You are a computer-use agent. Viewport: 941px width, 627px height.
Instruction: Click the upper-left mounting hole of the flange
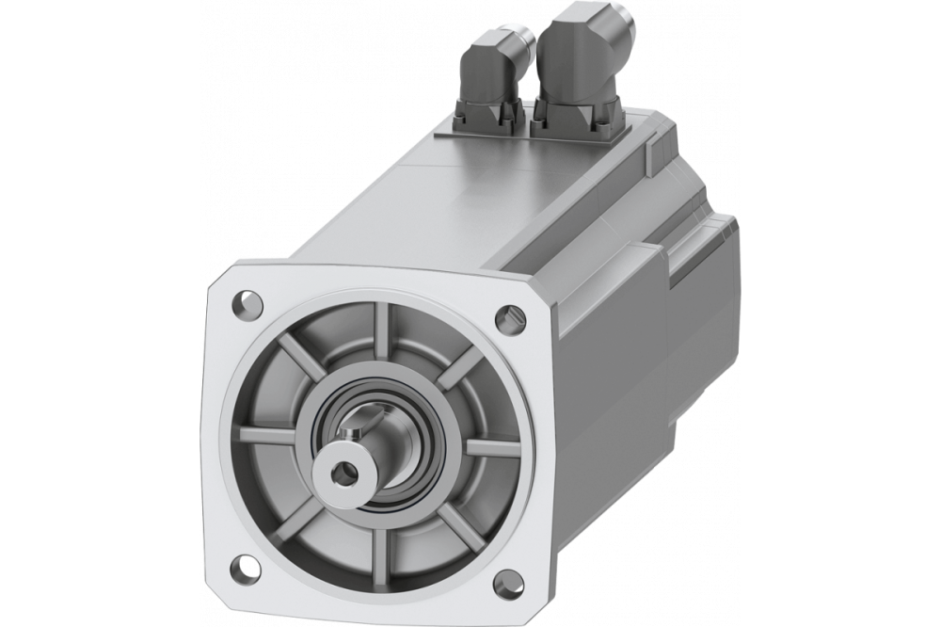point(246,304)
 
